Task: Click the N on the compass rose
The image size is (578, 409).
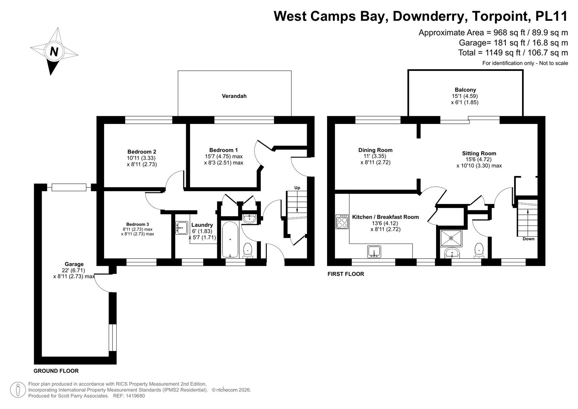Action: (x=54, y=52)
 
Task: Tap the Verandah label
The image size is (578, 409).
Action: (x=234, y=96)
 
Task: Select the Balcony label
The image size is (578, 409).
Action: (x=465, y=90)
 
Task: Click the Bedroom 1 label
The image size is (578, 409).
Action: (x=223, y=150)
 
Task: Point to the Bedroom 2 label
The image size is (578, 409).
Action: (x=142, y=151)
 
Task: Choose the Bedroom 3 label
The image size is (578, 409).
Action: (x=137, y=224)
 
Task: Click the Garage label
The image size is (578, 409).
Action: (x=74, y=264)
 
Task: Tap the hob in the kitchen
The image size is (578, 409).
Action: (x=342, y=222)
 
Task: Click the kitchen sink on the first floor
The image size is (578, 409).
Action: (x=374, y=251)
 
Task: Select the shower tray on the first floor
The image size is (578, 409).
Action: (x=451, y=238)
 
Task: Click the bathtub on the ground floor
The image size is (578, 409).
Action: (x=230, y=240)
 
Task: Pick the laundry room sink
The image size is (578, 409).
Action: (x=182, y=228)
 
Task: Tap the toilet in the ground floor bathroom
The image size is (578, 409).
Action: (x=248, y=250)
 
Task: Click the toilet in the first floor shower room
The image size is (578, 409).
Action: (x=479, y=250)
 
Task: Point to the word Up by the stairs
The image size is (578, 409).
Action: (x=297, y=188)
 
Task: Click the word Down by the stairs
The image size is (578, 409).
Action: (x=528, y=239)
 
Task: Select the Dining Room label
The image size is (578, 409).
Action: (x=375, y=150)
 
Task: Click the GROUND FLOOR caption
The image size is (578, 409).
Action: (x=56, y=371)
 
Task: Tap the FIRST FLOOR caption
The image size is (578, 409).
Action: (x=346, y=274)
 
